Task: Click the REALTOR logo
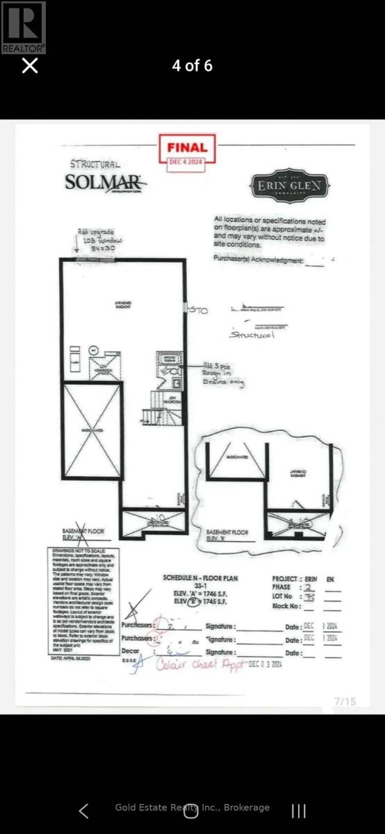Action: click(24, 27)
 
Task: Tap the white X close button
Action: click(30, 66)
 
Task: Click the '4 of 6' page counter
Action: click(192, 66)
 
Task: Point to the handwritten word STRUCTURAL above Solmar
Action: click(95, 164)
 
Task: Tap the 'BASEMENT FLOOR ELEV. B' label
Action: click(227, 535)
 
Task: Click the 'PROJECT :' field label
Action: click(286, 578)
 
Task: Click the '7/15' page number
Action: click(344, 701)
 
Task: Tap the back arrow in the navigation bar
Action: click(83, 810)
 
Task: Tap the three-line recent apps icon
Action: click(299, 810)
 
